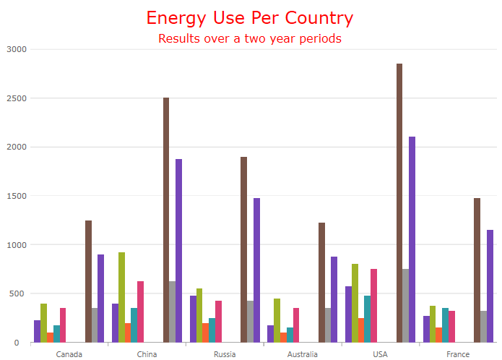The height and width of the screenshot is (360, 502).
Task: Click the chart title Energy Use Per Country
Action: (x=250, y=18)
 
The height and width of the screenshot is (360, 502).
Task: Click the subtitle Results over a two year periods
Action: (x=250, y=38)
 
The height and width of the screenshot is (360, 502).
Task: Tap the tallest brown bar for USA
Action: (x=399, y=202)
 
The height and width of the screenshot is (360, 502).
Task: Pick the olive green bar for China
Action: (x=121, y=297)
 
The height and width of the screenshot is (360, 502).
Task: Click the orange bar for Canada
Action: (x=50, y=338)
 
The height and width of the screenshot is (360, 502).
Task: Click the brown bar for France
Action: (x=477, y=270)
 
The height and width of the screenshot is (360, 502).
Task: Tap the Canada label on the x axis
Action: (x=69, y=354)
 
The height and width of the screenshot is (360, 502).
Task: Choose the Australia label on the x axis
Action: (x=302, y=354)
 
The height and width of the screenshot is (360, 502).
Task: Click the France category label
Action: (x=458, y=354)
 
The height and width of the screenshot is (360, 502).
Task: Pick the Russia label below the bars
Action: (x=225, y=354)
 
